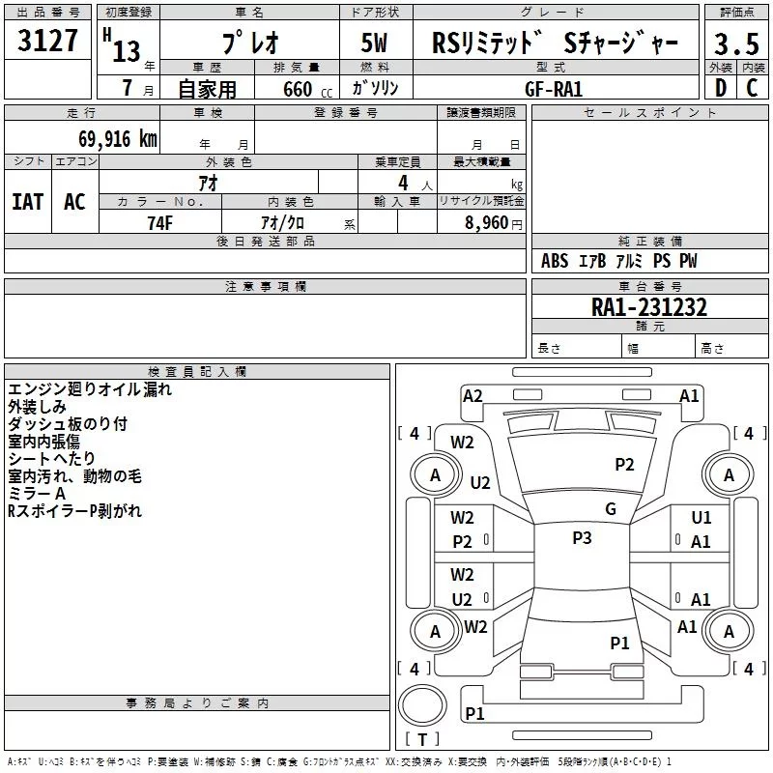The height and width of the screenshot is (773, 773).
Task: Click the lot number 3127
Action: (48, 43)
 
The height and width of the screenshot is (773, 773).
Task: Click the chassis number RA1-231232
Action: (649, 307)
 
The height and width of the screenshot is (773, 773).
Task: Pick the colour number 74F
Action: (159, 221)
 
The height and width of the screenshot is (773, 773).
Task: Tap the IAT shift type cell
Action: (27, 201)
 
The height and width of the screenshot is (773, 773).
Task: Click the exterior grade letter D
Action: (720, 88)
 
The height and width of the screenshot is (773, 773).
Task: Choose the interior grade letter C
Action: (752, 88)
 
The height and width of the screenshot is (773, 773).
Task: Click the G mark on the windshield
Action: (611, 509)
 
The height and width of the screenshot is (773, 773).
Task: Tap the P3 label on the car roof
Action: (581, 538)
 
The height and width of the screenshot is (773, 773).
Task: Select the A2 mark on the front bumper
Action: (472, 395)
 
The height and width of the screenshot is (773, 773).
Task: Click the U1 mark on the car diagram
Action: (701, 518)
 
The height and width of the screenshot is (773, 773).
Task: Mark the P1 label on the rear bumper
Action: (474, 713)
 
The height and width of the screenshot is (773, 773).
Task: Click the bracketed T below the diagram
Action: (422, 740)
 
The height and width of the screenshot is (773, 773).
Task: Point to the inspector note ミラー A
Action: (38, 493)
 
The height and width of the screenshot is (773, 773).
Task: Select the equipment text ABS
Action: (555, 261)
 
